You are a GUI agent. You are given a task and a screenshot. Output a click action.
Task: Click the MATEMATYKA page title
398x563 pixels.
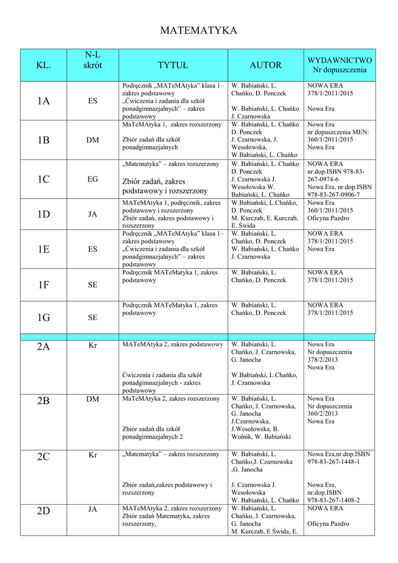pos(199,31)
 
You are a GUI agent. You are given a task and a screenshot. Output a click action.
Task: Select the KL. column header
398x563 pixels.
pos(43,65)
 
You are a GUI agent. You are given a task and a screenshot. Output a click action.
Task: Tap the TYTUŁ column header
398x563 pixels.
pos(173,65)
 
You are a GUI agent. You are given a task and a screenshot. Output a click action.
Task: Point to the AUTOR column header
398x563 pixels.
pos(266,65)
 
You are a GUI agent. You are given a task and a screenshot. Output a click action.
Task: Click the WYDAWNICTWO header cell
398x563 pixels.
pos(339,65)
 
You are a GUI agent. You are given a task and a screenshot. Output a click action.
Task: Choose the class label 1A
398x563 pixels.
pos(43,101)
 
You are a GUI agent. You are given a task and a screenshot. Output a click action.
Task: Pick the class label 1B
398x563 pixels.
pos(43,140)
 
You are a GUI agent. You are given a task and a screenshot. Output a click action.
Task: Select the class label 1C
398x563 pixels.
pos(43,179)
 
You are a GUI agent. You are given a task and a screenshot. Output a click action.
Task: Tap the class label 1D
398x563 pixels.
pos(43,214)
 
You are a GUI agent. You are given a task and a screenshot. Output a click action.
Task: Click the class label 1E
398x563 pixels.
pos(43,249)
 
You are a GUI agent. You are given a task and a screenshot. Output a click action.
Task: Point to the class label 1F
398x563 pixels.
pos(43,285)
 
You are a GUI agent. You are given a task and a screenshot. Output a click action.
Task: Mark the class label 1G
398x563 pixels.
pos(43,317)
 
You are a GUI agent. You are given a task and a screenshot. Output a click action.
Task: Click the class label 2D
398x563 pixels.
pos(43,511)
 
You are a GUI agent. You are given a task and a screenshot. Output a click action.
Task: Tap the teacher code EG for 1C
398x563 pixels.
pos(93,179)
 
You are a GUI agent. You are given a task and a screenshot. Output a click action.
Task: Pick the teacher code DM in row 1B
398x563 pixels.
pos(93,140)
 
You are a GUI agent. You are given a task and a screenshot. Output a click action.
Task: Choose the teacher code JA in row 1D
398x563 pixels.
pos(93,214)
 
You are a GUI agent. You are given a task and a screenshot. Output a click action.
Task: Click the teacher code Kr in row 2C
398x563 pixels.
pos(93,455)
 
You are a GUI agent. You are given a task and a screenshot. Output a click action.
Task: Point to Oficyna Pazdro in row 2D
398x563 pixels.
pos(328,524)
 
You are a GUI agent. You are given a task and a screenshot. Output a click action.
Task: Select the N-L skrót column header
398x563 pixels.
pos(93,60)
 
